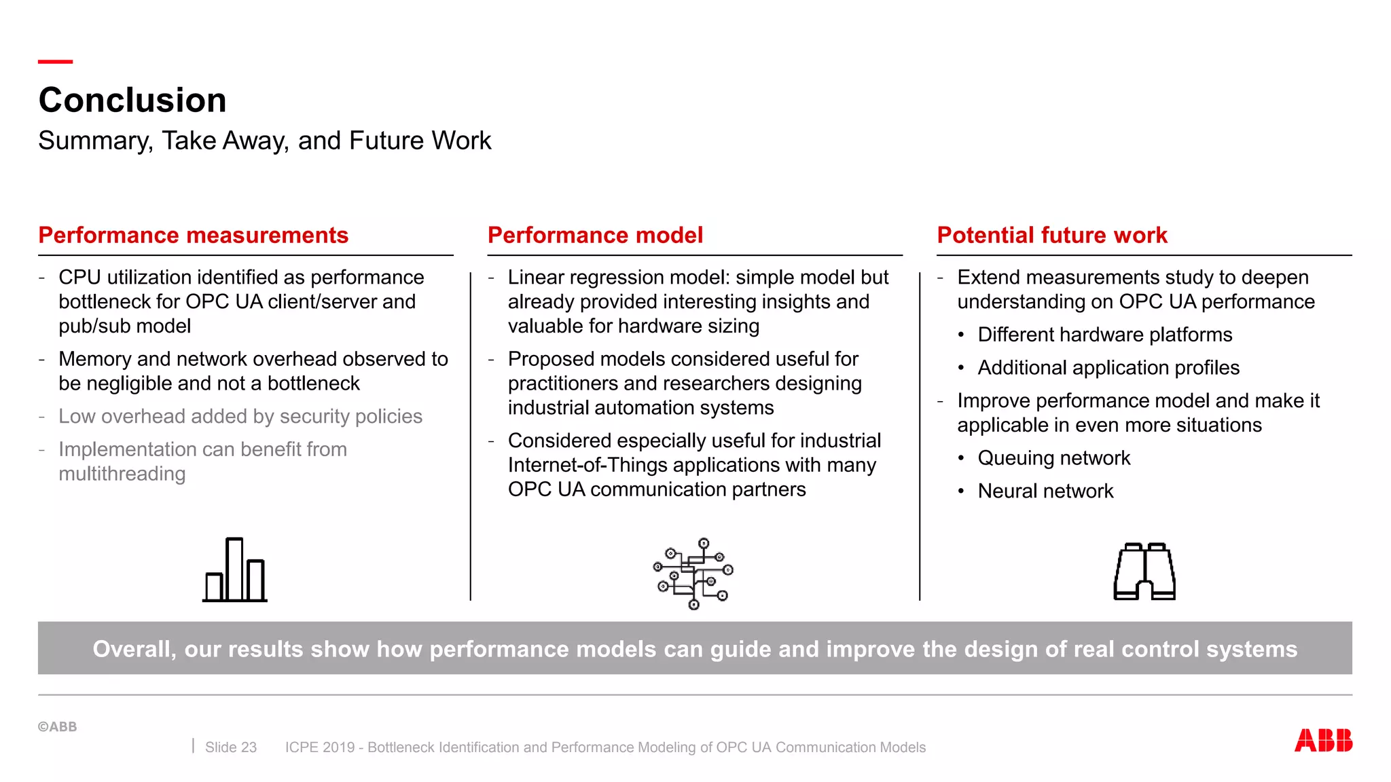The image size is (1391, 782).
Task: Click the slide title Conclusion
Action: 132,100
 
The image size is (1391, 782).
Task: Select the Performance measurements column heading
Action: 194,235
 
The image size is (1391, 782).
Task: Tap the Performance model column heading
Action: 595,235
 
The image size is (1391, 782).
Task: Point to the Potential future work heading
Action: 1052,235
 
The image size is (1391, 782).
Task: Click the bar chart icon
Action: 235,570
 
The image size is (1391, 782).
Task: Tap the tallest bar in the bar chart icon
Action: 234,569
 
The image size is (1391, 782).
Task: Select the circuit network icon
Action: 693,573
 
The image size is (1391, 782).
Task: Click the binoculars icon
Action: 1144,572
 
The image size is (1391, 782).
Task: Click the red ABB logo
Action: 1322,740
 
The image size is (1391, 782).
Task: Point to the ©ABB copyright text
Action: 58,726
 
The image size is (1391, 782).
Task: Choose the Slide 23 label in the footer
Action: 231,747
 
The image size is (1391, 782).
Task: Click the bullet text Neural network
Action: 1045,491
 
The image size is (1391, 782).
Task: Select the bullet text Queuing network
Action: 1053,458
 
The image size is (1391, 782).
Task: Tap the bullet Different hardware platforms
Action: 1104,335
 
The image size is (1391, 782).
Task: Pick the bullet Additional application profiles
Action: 1108,368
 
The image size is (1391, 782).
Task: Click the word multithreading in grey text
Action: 122,474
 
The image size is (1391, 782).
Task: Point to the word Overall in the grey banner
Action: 133,649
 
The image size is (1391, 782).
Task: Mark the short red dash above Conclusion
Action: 55,62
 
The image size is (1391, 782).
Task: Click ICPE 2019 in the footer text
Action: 320,747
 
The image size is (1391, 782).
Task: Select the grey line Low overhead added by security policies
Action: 240,416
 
